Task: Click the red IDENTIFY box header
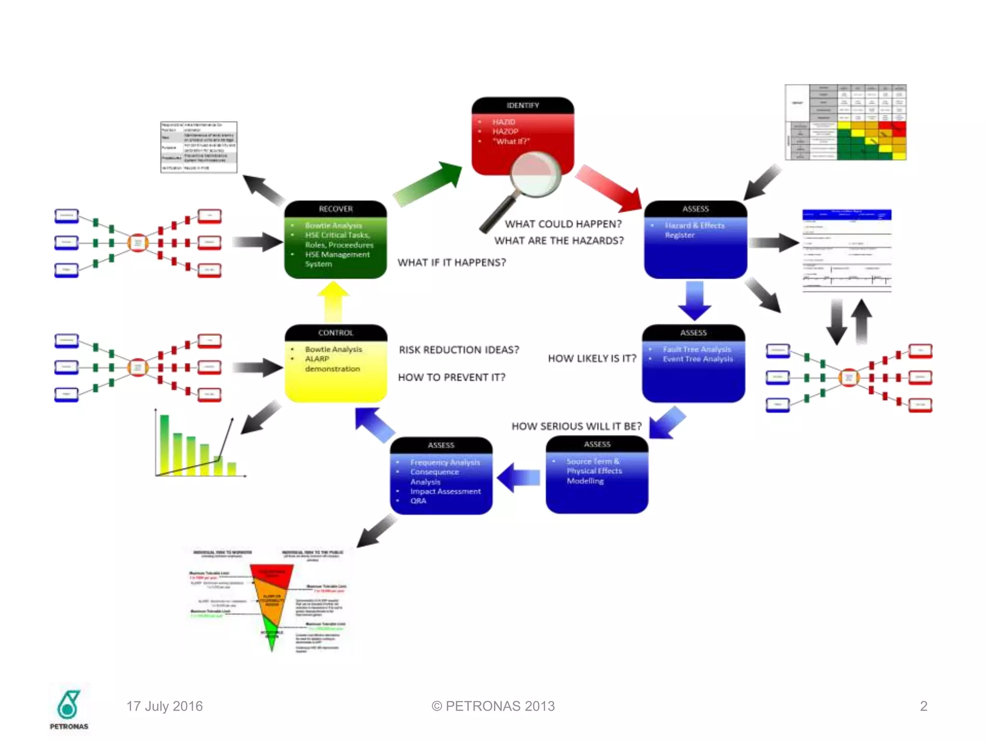click(522, 106)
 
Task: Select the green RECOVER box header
click(335, 209)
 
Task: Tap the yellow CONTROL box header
click(335, 333)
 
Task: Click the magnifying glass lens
click(535, 173)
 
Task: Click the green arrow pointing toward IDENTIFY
click(427, 185)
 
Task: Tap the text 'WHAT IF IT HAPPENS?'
click(452, 263)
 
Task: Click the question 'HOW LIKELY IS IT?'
click(592, 358)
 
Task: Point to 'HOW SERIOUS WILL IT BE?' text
click(576, 426)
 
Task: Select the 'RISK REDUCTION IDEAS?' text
click(459, 350)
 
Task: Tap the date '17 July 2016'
click(164, 706)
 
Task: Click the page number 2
click(923, 706)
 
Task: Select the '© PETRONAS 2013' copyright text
click(493, 706)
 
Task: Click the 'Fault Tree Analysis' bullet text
click(696, 349)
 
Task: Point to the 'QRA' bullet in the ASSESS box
click(418, 501)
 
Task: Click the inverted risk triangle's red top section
click(272, 573)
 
